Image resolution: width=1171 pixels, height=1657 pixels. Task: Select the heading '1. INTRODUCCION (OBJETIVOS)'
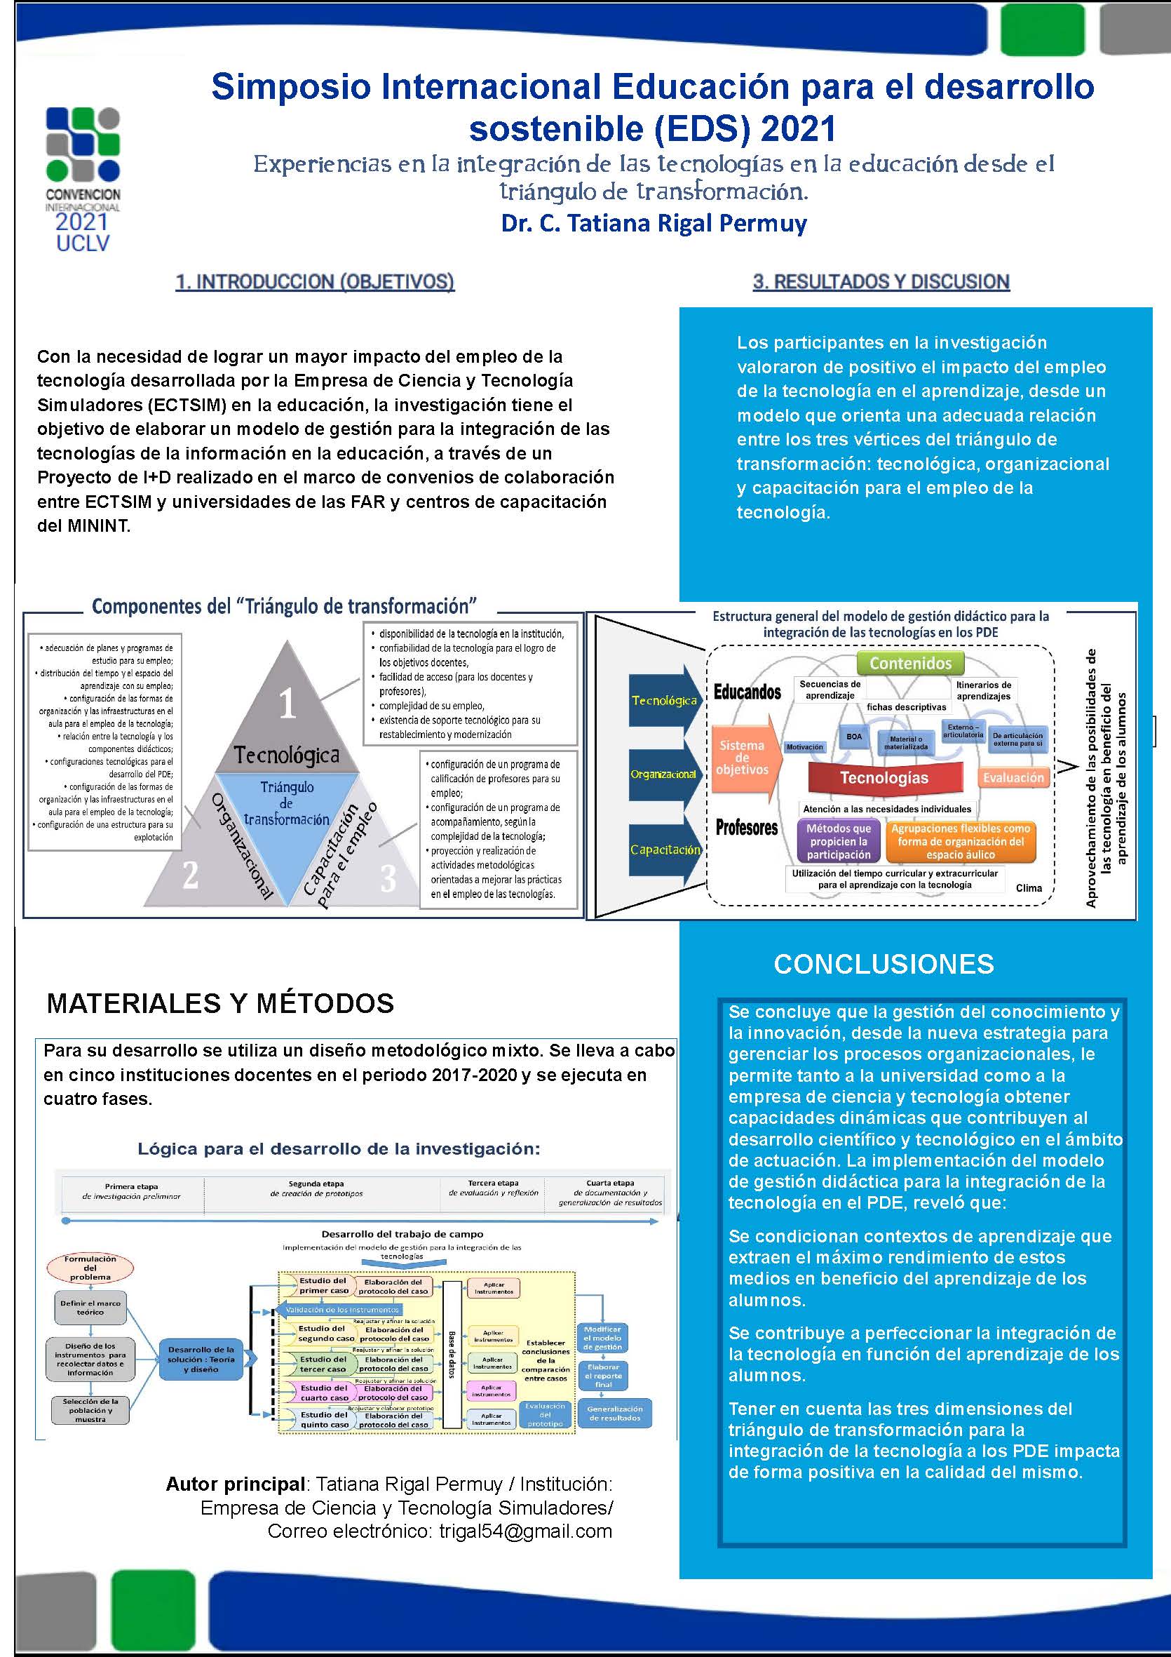coord(315,281)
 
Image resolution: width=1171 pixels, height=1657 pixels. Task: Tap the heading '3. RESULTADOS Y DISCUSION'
coord(881,281)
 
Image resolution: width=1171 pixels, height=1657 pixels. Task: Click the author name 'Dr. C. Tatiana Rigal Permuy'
coord(654,223)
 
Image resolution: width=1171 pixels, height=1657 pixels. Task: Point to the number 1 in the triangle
coord(287,702)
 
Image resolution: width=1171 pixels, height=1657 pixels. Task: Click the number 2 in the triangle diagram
coord(190,876)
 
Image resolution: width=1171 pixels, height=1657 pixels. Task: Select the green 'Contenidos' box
coord(910,662)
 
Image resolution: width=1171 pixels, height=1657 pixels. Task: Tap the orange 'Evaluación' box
coord(1013,777)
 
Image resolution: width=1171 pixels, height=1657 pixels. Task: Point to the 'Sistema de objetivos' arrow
coord(743,757)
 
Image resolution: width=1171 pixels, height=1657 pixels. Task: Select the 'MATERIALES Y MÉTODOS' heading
coord(220,1003)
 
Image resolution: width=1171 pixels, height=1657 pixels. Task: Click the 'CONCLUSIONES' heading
coord(883,963)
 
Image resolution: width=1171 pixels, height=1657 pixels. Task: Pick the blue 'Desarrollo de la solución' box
coord(201,1359)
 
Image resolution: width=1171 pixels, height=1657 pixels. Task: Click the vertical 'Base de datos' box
coord(452,1354)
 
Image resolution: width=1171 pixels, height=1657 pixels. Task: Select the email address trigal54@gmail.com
coord(525,1531)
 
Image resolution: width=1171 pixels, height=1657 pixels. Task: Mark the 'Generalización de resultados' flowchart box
coord(614,1413)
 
